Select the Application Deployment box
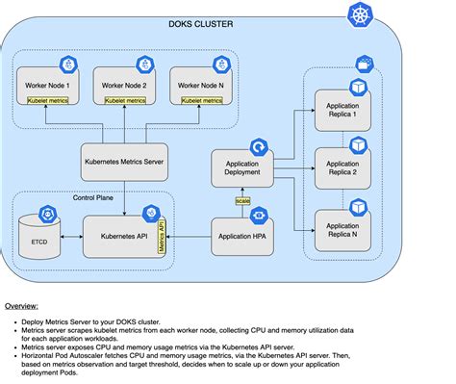[x=244, y=168]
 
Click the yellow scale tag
[x=243, y=201]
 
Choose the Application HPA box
[x=244, y=235]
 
